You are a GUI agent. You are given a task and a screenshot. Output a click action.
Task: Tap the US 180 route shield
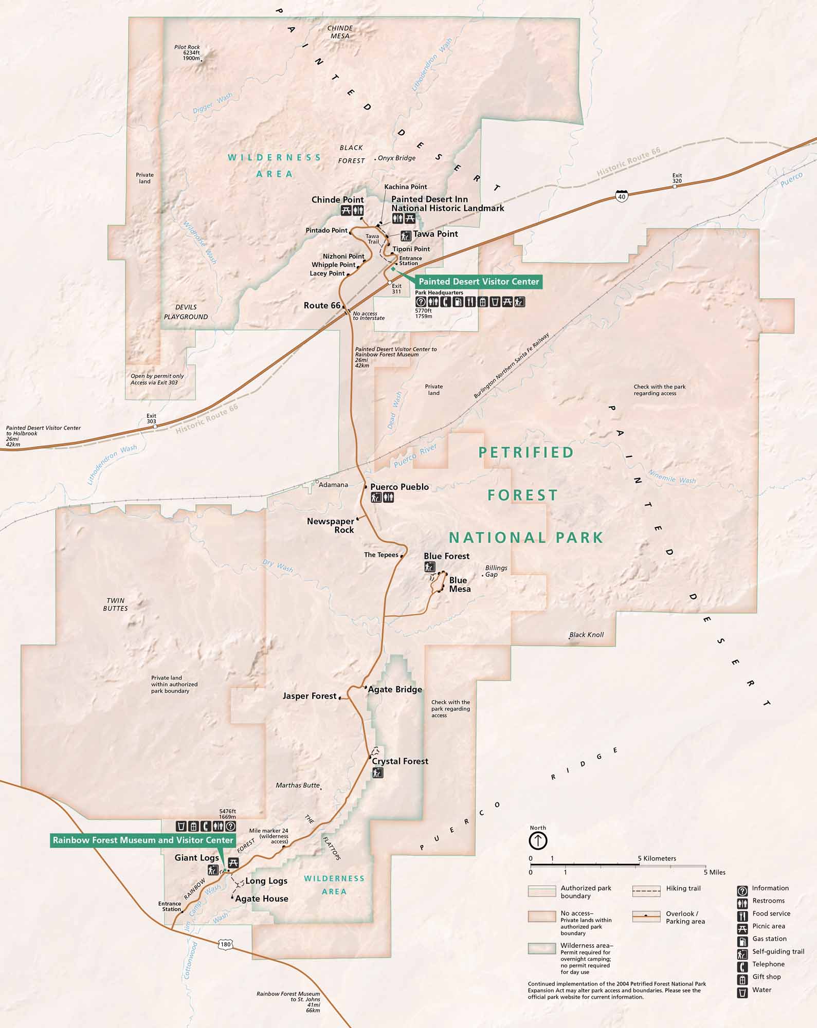coord(226,944)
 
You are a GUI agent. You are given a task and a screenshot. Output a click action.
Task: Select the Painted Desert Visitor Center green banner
coord(479,281)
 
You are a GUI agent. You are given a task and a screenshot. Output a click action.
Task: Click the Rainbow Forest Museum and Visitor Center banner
coord(143,840)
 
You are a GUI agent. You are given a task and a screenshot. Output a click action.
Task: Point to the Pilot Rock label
coord(187,47)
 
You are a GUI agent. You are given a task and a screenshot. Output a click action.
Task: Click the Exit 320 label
coord(677,178)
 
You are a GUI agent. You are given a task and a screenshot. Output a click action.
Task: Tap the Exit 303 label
coord(151,418)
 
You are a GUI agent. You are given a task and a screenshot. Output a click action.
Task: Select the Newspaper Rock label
coord(331,525)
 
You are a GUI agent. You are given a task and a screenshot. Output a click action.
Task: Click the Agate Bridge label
coord(395,689)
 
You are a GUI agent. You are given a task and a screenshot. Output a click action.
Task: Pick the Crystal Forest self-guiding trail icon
coord(378,773)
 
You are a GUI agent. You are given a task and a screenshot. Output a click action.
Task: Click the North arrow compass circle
coord(538,841)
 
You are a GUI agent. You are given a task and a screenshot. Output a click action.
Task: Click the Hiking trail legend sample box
coord(646,891)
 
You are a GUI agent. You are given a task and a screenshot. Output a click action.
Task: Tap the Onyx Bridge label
coord(396,158)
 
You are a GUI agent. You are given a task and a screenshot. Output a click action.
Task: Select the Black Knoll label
coord(587,634)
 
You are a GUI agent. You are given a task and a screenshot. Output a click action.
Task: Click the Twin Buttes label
coord(115,604)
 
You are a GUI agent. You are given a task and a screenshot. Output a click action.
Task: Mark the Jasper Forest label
coord(309,696)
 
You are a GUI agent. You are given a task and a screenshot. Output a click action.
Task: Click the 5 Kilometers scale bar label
coord(657,858)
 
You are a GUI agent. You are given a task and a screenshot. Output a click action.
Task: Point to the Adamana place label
coord(333,484)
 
